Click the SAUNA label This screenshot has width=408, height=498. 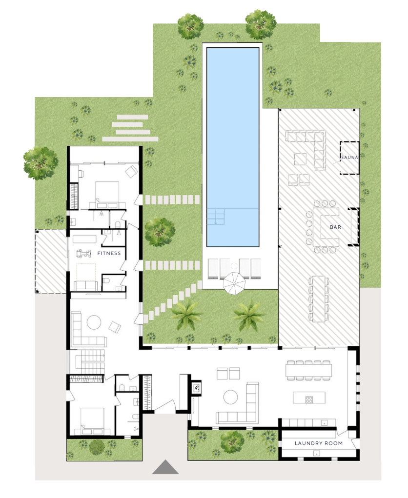349,157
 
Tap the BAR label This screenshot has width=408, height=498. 336,227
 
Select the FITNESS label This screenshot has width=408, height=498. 109,253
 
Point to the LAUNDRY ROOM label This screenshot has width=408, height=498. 319,443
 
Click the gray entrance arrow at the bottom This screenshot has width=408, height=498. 165,467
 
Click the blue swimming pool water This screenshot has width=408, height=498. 233,147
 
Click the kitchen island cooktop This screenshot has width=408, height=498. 309,399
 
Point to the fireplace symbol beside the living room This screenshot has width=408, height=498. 196,387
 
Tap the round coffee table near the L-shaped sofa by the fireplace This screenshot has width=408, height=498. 230,397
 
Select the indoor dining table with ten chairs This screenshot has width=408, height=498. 308,370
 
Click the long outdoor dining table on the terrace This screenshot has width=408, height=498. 319,299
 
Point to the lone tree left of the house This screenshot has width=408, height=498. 41,163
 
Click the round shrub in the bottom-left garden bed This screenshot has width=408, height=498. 97,447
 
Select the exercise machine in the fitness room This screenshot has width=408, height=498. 83,253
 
